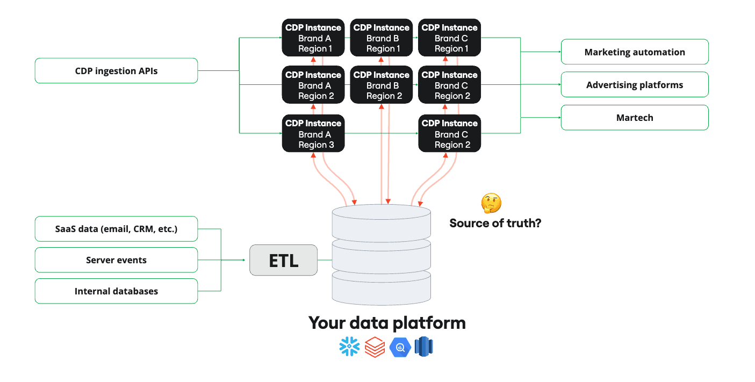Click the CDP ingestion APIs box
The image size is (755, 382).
(x=116, y=71)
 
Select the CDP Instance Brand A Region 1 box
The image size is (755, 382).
(x=313, y=38)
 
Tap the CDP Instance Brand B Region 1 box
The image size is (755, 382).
(x=381, y=38)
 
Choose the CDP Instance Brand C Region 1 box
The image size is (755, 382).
(x=449, y=38)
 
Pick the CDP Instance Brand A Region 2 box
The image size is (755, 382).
(x=313, y=85)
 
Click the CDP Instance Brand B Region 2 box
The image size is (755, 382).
(x=381, y=85)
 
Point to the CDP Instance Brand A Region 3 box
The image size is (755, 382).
(x=313, y=134)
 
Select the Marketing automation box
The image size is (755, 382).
(x=634, y=52)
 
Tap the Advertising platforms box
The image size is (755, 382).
(x=634, y=85)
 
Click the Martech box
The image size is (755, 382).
(x=634, y=118)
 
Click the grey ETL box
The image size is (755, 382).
(x=283, y=261)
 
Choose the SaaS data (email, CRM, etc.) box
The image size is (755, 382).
(x=116, y=229)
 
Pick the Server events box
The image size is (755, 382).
(x=116, y=260)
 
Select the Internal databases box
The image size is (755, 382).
(x=116, y=291)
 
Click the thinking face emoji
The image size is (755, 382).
(x=491, y=204)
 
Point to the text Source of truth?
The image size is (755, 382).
(x=495, y=223)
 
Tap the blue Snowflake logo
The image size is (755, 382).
(x=350, y=347)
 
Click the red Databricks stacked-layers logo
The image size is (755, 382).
(x=375, y=347)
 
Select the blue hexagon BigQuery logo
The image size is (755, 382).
(x=400, y=347)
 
